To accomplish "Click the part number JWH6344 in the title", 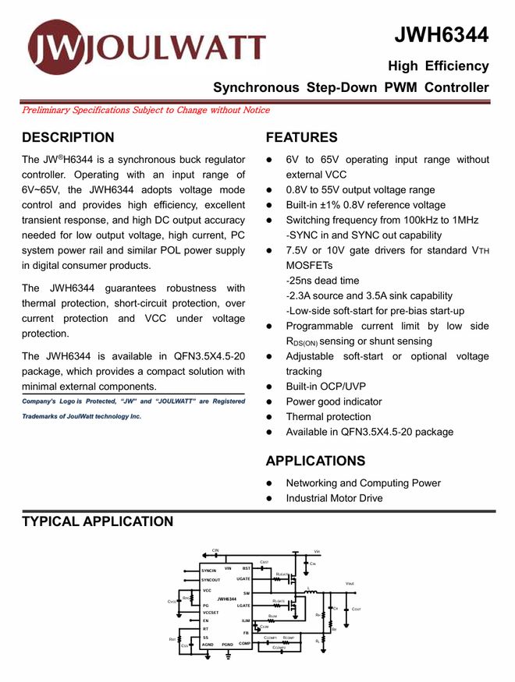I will tap(441, 34).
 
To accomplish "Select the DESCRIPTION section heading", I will tap(68, 138).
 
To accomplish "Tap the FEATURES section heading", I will tap(302, 138).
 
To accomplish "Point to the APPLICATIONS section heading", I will tap(315, 461).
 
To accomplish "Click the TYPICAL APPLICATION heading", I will tap(98, 521).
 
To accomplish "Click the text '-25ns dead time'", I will tap(323, 281).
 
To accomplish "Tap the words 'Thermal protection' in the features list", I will tap(329, 417).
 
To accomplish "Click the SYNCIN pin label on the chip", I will tap(208, 571).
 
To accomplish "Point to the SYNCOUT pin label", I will tap(211, 580).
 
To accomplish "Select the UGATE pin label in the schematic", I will tap(243, 579).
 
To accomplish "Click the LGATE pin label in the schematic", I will tap(243, 606).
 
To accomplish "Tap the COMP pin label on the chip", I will tap(244, 644).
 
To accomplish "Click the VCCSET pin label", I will tap(211, 613).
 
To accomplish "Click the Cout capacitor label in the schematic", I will tap(356, 610).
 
